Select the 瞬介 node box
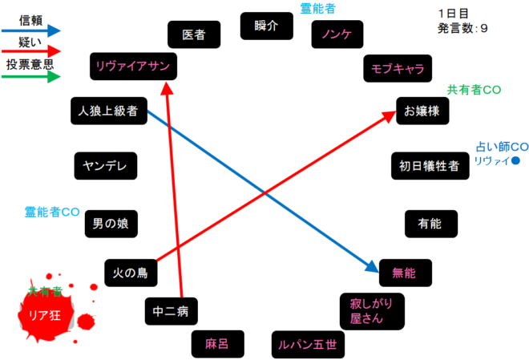pyautogui.click(x=265, y=26)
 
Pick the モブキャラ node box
pyautogui.click(x=398, y=67)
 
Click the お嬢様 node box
pyautogui.click(x=422, y=111)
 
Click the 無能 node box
pyautogui.click(x=405, y=273)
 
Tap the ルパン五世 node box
pyautogui.click(x=307, y=345)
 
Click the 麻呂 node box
pyautogui.click(x=217, y=344)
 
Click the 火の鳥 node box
pyautogui.click(x=131, y=273)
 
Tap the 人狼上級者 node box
pyautogui.click(x=109, y=111)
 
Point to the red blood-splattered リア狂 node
pyautogui.click(x=45, y=313)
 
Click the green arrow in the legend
pyautogui.click(x=32, y=77)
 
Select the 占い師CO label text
pyautogui.click(x=501, y=148)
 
